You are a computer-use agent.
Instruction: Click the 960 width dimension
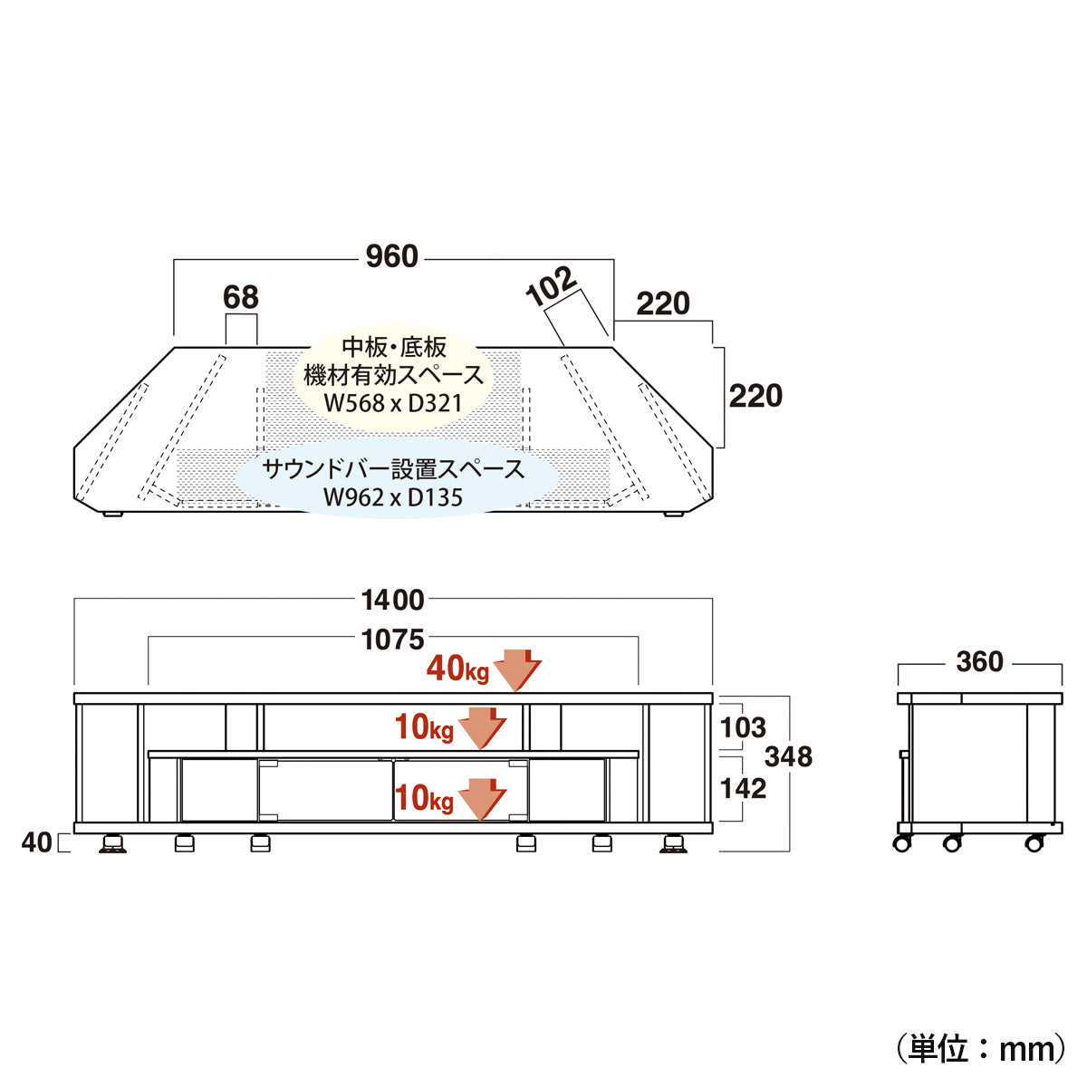pos(391,256)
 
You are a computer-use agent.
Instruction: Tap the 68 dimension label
pos(241,297)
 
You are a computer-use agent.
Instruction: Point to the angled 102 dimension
pos(551,286)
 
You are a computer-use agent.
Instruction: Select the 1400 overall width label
pos(392,601)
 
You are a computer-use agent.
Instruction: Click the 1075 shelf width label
pos(392,640)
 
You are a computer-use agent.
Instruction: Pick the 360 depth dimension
pos(980,661)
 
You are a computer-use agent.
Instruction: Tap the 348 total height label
pos(788,756)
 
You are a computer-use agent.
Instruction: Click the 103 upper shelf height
pos(743,727)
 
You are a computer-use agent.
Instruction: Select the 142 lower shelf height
pos(743,788)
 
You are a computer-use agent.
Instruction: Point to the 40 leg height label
pos(36,842)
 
